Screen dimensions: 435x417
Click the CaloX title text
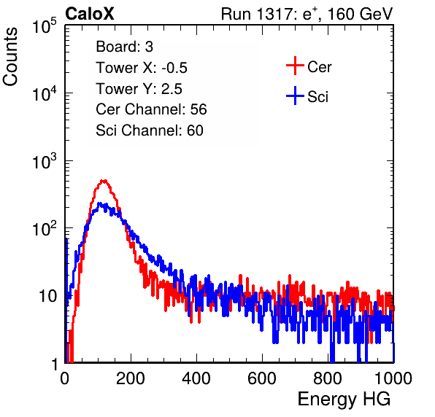click(90, 14)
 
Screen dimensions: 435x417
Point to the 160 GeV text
click(361, 14)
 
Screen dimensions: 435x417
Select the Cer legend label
click(319, 67)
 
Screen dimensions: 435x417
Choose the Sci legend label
click(317, 97)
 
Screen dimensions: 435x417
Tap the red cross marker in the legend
click(295, 66)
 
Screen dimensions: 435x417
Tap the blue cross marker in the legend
click(295, 96)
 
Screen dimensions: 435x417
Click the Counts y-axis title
click(10, 57)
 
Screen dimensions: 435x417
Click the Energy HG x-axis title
click(344, 400)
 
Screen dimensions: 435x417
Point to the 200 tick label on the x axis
click(131, 378)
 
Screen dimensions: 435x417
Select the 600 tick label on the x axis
click(262, 378)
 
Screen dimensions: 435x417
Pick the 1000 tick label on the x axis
click(393, 378)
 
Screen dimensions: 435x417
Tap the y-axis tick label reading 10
click(47, 296)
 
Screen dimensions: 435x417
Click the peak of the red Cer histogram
click(104, 181)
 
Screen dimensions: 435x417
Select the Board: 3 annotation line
click(124, 47)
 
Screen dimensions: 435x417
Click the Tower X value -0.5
click(174, 68)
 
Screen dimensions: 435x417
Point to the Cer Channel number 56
click(199, 109)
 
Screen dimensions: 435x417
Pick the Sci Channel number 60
click(195, 130)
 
